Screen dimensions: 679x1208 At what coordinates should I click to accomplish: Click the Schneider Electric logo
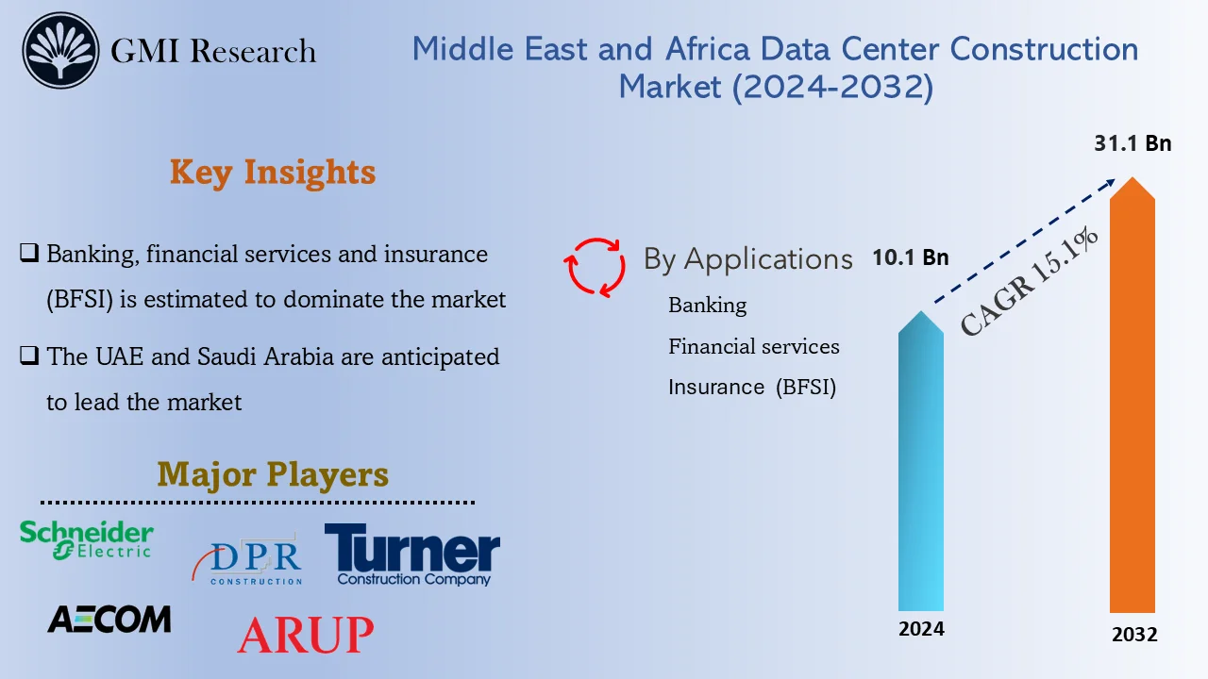(87, 539)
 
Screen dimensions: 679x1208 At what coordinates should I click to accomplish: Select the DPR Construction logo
(248, 560)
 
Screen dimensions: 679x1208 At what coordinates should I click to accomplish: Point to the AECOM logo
(109, 620)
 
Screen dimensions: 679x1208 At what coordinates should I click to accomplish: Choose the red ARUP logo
(305, 635)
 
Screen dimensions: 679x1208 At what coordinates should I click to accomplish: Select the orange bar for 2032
(1132, 406)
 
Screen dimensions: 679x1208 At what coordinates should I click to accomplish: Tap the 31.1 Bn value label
(1132, 144)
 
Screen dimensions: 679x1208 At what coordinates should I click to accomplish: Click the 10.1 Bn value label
(910, 257)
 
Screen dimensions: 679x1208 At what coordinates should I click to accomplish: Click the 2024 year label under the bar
(921, 629)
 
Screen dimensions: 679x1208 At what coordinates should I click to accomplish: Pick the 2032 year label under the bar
(1133, 635)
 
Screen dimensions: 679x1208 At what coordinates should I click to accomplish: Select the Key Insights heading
(273, 173)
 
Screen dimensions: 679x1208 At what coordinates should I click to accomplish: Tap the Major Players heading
(273, 473)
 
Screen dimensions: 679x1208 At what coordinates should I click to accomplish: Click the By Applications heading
(747, 258)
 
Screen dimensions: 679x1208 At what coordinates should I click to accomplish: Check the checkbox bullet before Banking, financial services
(29, 254)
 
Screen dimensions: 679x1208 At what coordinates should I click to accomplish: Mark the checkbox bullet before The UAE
(29, 356)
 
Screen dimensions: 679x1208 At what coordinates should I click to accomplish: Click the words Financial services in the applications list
(753, 346)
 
